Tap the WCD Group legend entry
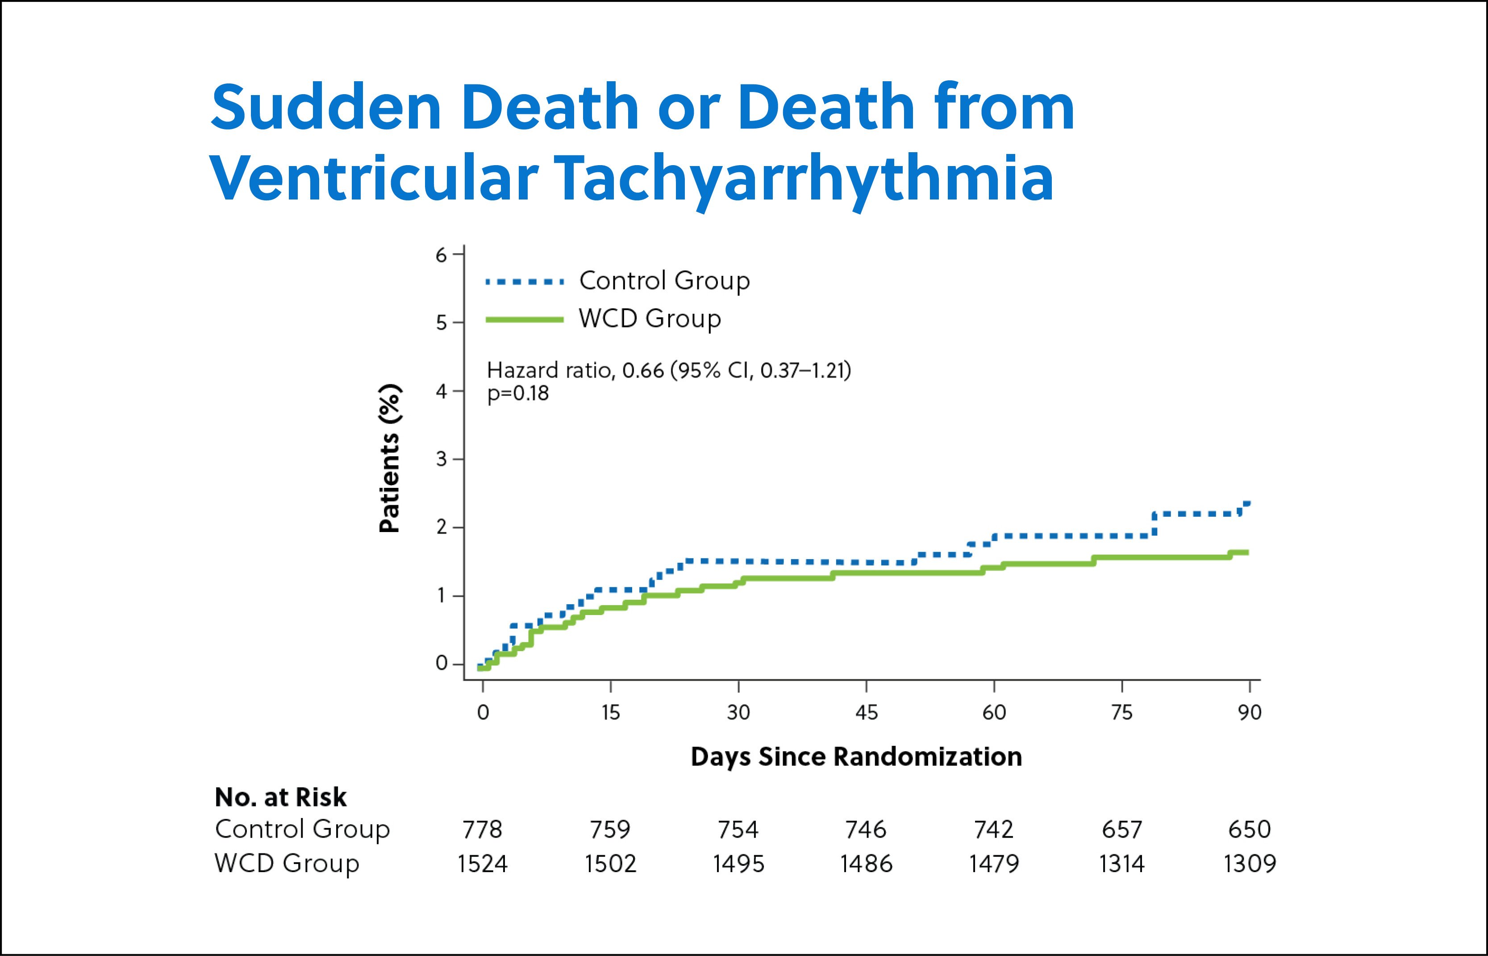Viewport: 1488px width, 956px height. tap(649, 319)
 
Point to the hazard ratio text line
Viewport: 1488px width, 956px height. tap(669, 370)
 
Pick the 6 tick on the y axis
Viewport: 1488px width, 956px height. tap(442, 254)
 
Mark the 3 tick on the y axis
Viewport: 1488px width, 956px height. tap(442, 459)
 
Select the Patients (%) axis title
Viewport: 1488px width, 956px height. tap(389, 459)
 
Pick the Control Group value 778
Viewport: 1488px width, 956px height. tap(482, 829)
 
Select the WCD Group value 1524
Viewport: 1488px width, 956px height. tap(482, 864)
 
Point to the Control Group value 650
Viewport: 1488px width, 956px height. tap(1249, 829)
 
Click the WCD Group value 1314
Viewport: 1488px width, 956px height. tap(1122, 864)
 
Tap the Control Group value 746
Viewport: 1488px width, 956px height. tap(866, 829)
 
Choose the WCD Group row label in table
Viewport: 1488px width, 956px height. tap(287, 864)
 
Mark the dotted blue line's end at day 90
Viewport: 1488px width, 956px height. tap(1246, 503)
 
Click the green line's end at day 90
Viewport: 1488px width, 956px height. tap(1246, 552)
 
